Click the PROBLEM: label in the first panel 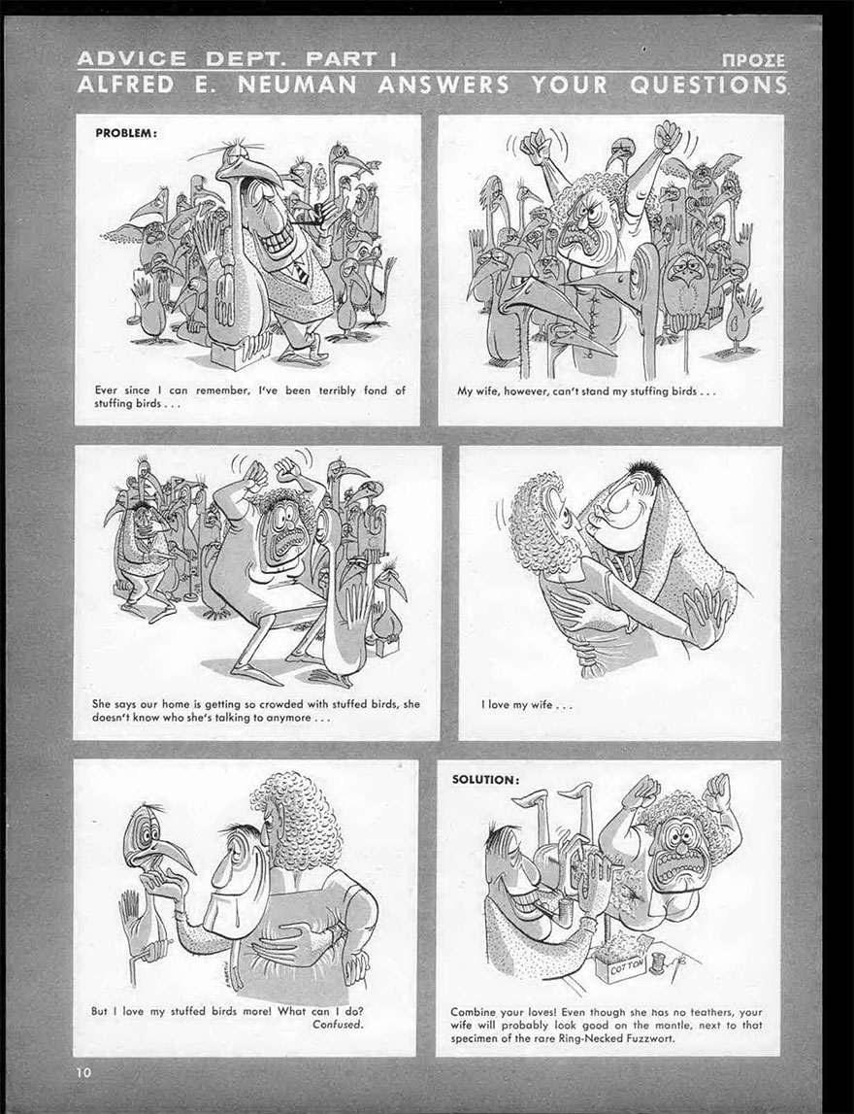click(125, 133)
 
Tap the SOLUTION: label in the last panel click(485, 779)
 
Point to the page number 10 click(84, 1072)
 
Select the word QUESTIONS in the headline click(707, 85)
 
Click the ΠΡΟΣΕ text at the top click(753, 60)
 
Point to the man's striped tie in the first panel click(301, 271)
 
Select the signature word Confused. click(338, 1024)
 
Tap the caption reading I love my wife click(527, 705)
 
